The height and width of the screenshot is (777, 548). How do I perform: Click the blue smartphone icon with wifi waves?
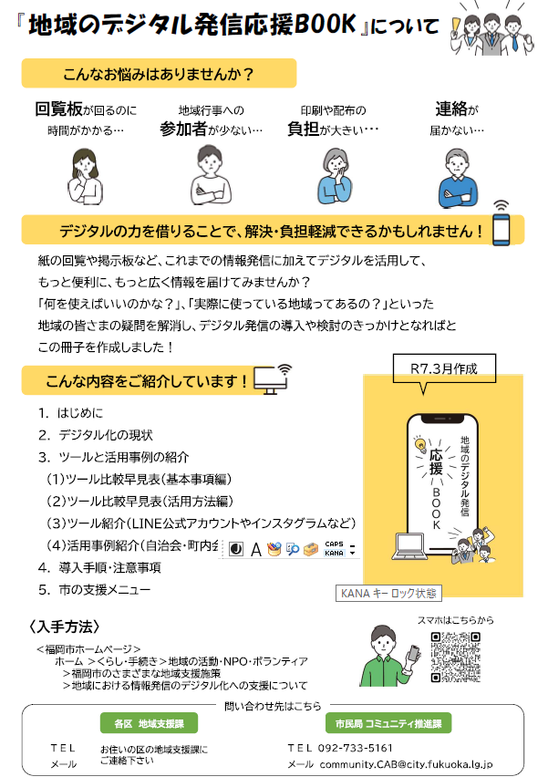click(x=500, y=226)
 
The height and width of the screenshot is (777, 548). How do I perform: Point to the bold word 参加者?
click(x=183, y=129)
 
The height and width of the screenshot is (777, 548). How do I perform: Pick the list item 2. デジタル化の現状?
click(x=95, y=435)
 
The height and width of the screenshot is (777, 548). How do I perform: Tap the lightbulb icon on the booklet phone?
click(x=421, y=445)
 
